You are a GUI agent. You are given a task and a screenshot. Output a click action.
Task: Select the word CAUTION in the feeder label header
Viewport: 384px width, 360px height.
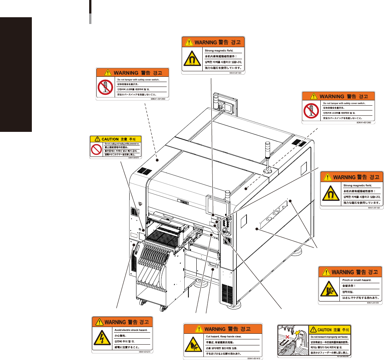[x=324, y=330]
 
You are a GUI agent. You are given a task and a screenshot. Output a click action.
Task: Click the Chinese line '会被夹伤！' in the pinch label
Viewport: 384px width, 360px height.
[x=349, y=286]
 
